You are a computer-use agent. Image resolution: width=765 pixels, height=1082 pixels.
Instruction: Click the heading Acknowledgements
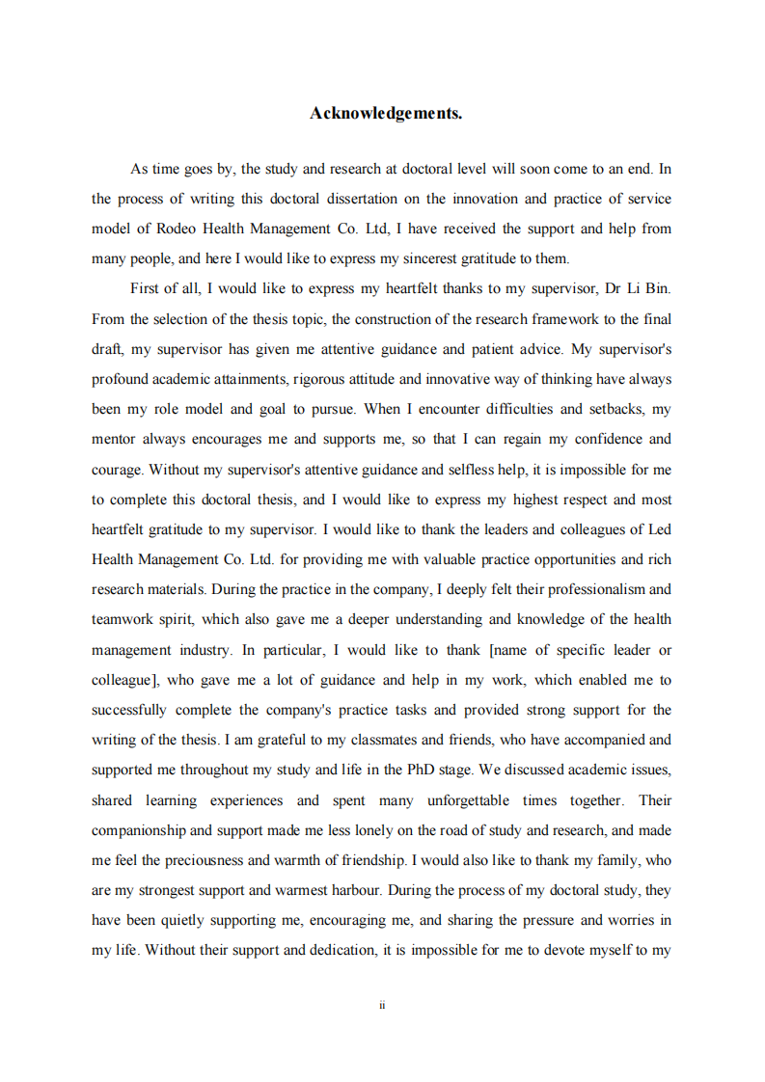coord(386,114)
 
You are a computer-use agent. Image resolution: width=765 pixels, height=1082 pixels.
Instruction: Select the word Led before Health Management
coord(660,529)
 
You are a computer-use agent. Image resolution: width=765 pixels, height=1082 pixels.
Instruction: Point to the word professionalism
coord(600,589)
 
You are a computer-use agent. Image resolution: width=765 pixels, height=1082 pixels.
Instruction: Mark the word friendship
coord(364,860)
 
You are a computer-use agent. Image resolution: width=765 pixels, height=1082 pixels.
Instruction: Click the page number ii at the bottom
coord(382,1005)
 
